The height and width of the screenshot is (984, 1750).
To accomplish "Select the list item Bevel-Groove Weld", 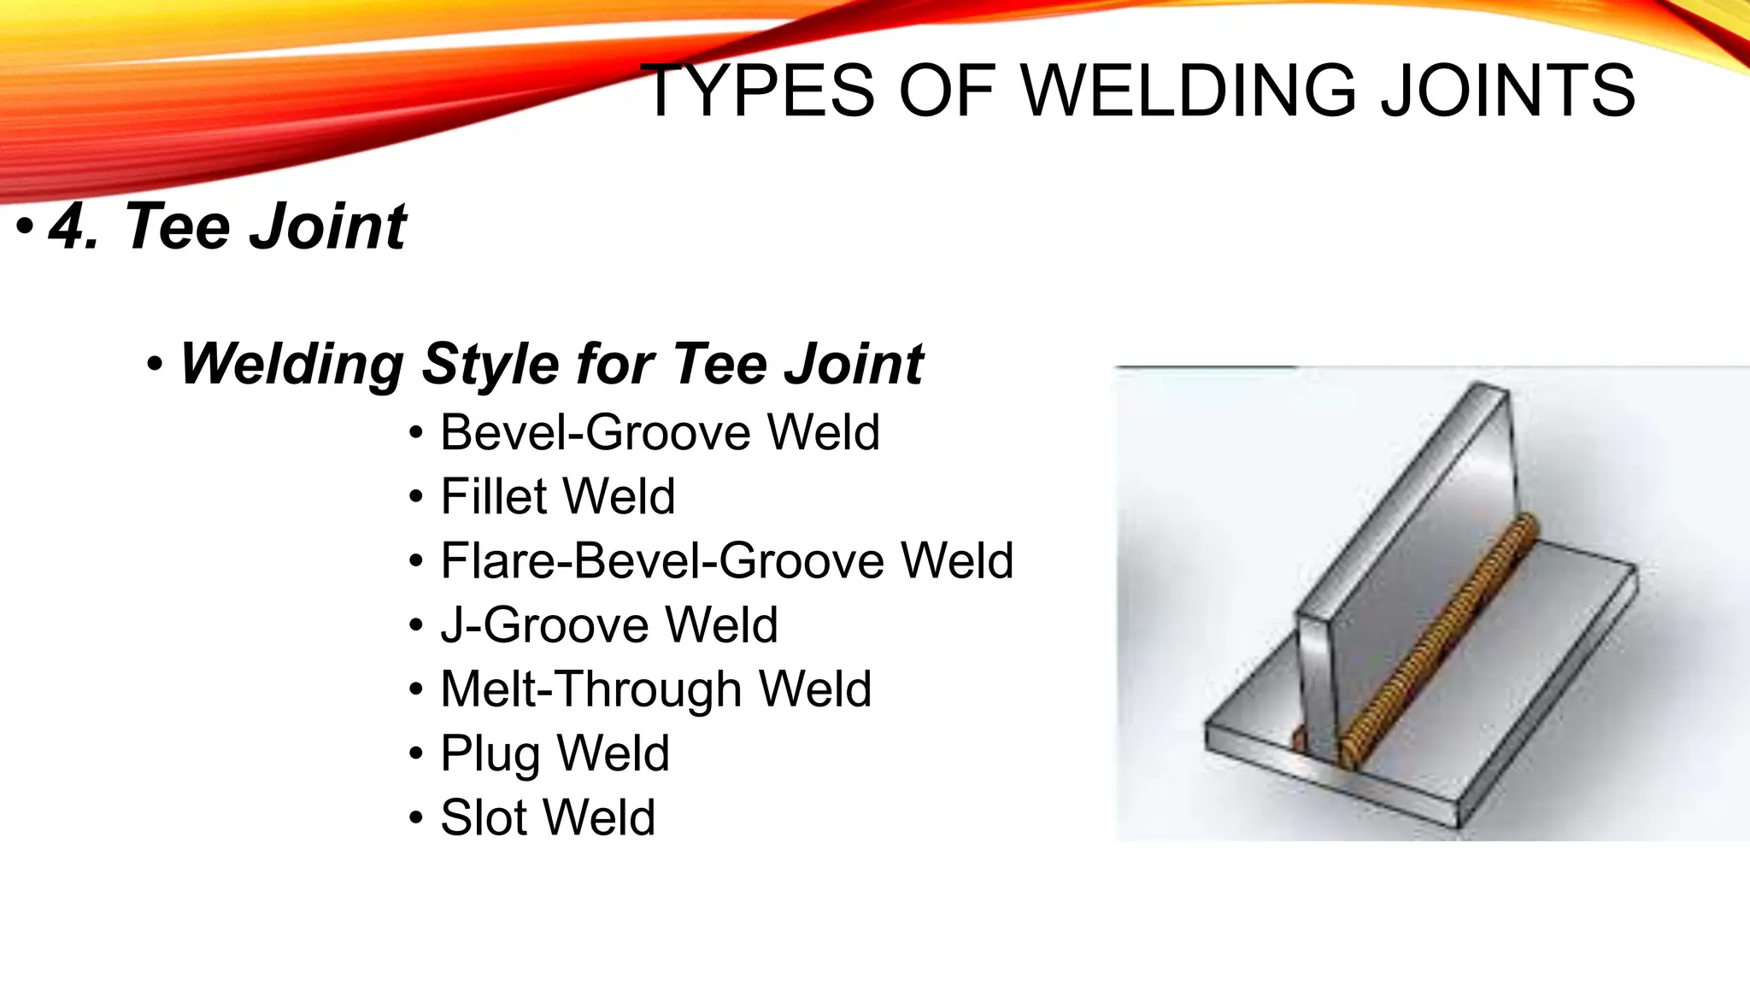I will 659,432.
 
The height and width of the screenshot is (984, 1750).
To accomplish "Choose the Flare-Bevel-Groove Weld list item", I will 726,560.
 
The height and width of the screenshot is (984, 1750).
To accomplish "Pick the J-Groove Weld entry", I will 608,624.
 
